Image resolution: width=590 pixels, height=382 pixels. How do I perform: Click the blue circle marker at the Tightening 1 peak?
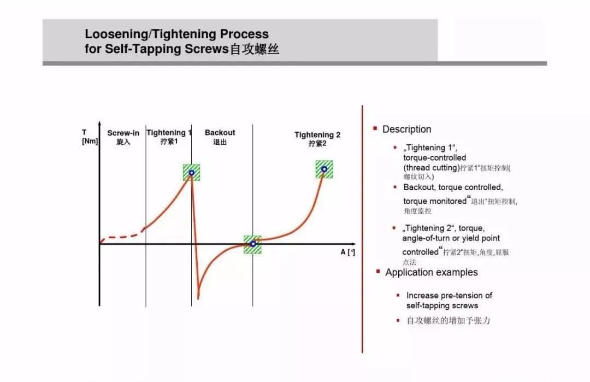point(192,173)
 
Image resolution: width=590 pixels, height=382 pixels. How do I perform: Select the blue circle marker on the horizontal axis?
point(253,244)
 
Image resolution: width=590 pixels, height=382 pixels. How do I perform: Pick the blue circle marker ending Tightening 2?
point(324,169)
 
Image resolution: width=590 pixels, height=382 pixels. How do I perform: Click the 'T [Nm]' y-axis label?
point(90,137)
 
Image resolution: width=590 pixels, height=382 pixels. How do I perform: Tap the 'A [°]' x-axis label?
point(347,252)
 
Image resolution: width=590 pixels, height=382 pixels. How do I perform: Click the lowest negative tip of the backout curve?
point(198,298)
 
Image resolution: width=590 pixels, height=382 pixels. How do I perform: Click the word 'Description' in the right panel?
point(407,130)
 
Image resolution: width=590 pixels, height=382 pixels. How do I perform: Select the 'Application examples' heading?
point(431,273)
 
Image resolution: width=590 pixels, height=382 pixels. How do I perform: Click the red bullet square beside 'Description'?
point(375,129)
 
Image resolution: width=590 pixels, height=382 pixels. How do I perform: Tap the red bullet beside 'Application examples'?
point(378,272)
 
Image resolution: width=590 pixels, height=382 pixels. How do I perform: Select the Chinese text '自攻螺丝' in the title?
point(255,49)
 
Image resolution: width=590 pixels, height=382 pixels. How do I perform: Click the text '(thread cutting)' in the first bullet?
point(432,168)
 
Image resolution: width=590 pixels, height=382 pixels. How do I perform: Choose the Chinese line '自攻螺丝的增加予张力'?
point(448,321)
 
